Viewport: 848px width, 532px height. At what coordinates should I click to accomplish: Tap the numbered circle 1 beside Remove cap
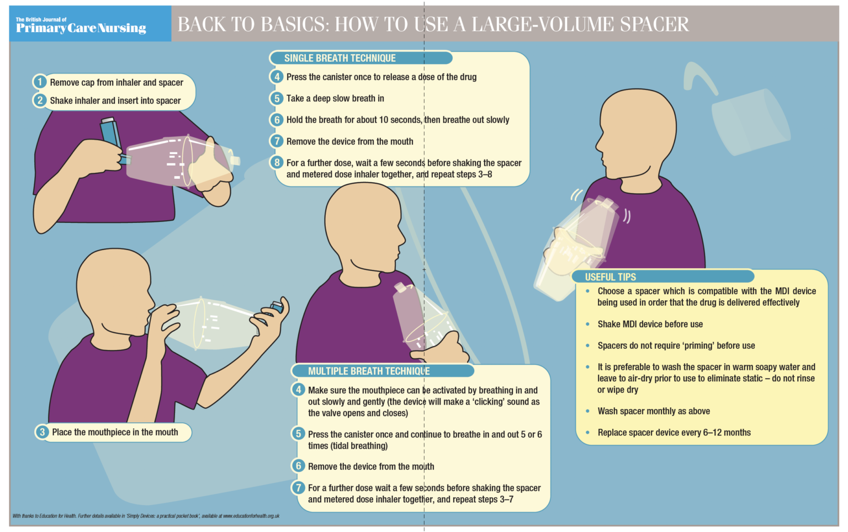click(x=40, y=82)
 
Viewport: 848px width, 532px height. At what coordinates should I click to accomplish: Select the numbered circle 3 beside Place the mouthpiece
click(x=42, y=432)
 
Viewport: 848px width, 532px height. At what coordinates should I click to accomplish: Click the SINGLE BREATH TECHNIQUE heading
click(x=340, y=58)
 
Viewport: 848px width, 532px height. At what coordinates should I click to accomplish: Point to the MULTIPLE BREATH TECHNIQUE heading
click(x=369, y=371)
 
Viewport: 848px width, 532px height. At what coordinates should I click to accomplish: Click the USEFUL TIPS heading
click(x=610, y=277)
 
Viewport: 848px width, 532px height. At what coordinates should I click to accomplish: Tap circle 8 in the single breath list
click(x=277, y=163)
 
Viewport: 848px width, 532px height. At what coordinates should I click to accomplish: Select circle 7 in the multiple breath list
click(x=299, y=488)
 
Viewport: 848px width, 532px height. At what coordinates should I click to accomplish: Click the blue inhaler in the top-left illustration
click(x=110, y=132)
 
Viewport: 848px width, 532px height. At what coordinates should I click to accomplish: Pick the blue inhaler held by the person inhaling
click(x=277, y=307)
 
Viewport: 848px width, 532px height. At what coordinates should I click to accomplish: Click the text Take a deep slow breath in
click(x=335, y=98)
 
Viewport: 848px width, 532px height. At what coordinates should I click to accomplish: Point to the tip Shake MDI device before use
click(x=650, y=324)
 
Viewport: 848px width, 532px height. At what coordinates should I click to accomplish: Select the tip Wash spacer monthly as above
click(x=654, y=411)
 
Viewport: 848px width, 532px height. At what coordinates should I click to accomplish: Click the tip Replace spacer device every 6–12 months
click(x=674, y=433)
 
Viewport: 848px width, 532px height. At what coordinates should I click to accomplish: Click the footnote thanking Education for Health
click(x=146, y=516)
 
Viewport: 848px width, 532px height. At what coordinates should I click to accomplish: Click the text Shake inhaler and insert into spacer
click(x=115, y=100)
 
